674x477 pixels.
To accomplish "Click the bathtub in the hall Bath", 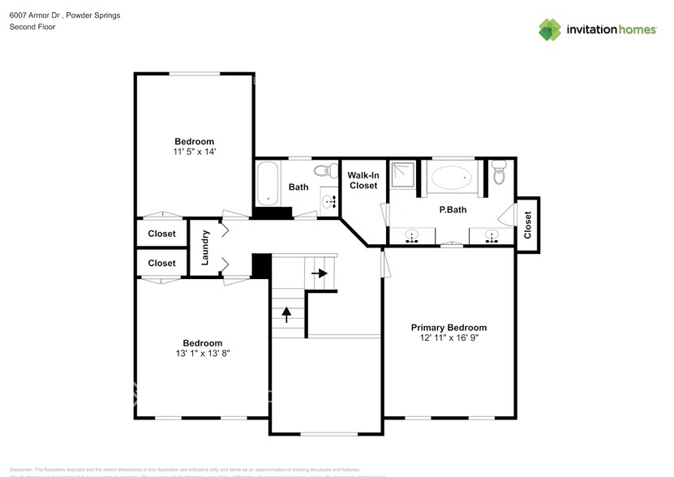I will (267, 184).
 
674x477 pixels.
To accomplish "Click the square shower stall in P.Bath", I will (403, 174).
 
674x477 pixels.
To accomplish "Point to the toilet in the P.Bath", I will (499, 171).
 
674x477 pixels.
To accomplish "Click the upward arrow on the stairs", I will (286, 312).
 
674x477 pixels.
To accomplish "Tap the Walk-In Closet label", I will (363, 180).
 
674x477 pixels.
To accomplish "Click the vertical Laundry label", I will (205, 247).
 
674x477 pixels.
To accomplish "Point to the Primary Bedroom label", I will (449, 328).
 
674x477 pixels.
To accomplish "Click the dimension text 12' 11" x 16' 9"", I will (449, 338).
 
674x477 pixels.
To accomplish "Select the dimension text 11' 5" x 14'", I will (194, 152).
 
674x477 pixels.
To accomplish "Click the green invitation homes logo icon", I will (550, 29).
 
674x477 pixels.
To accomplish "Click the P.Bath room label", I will (450, 210).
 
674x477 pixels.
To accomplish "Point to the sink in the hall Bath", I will (328, 201).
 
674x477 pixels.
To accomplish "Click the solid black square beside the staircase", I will (260, 266).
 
